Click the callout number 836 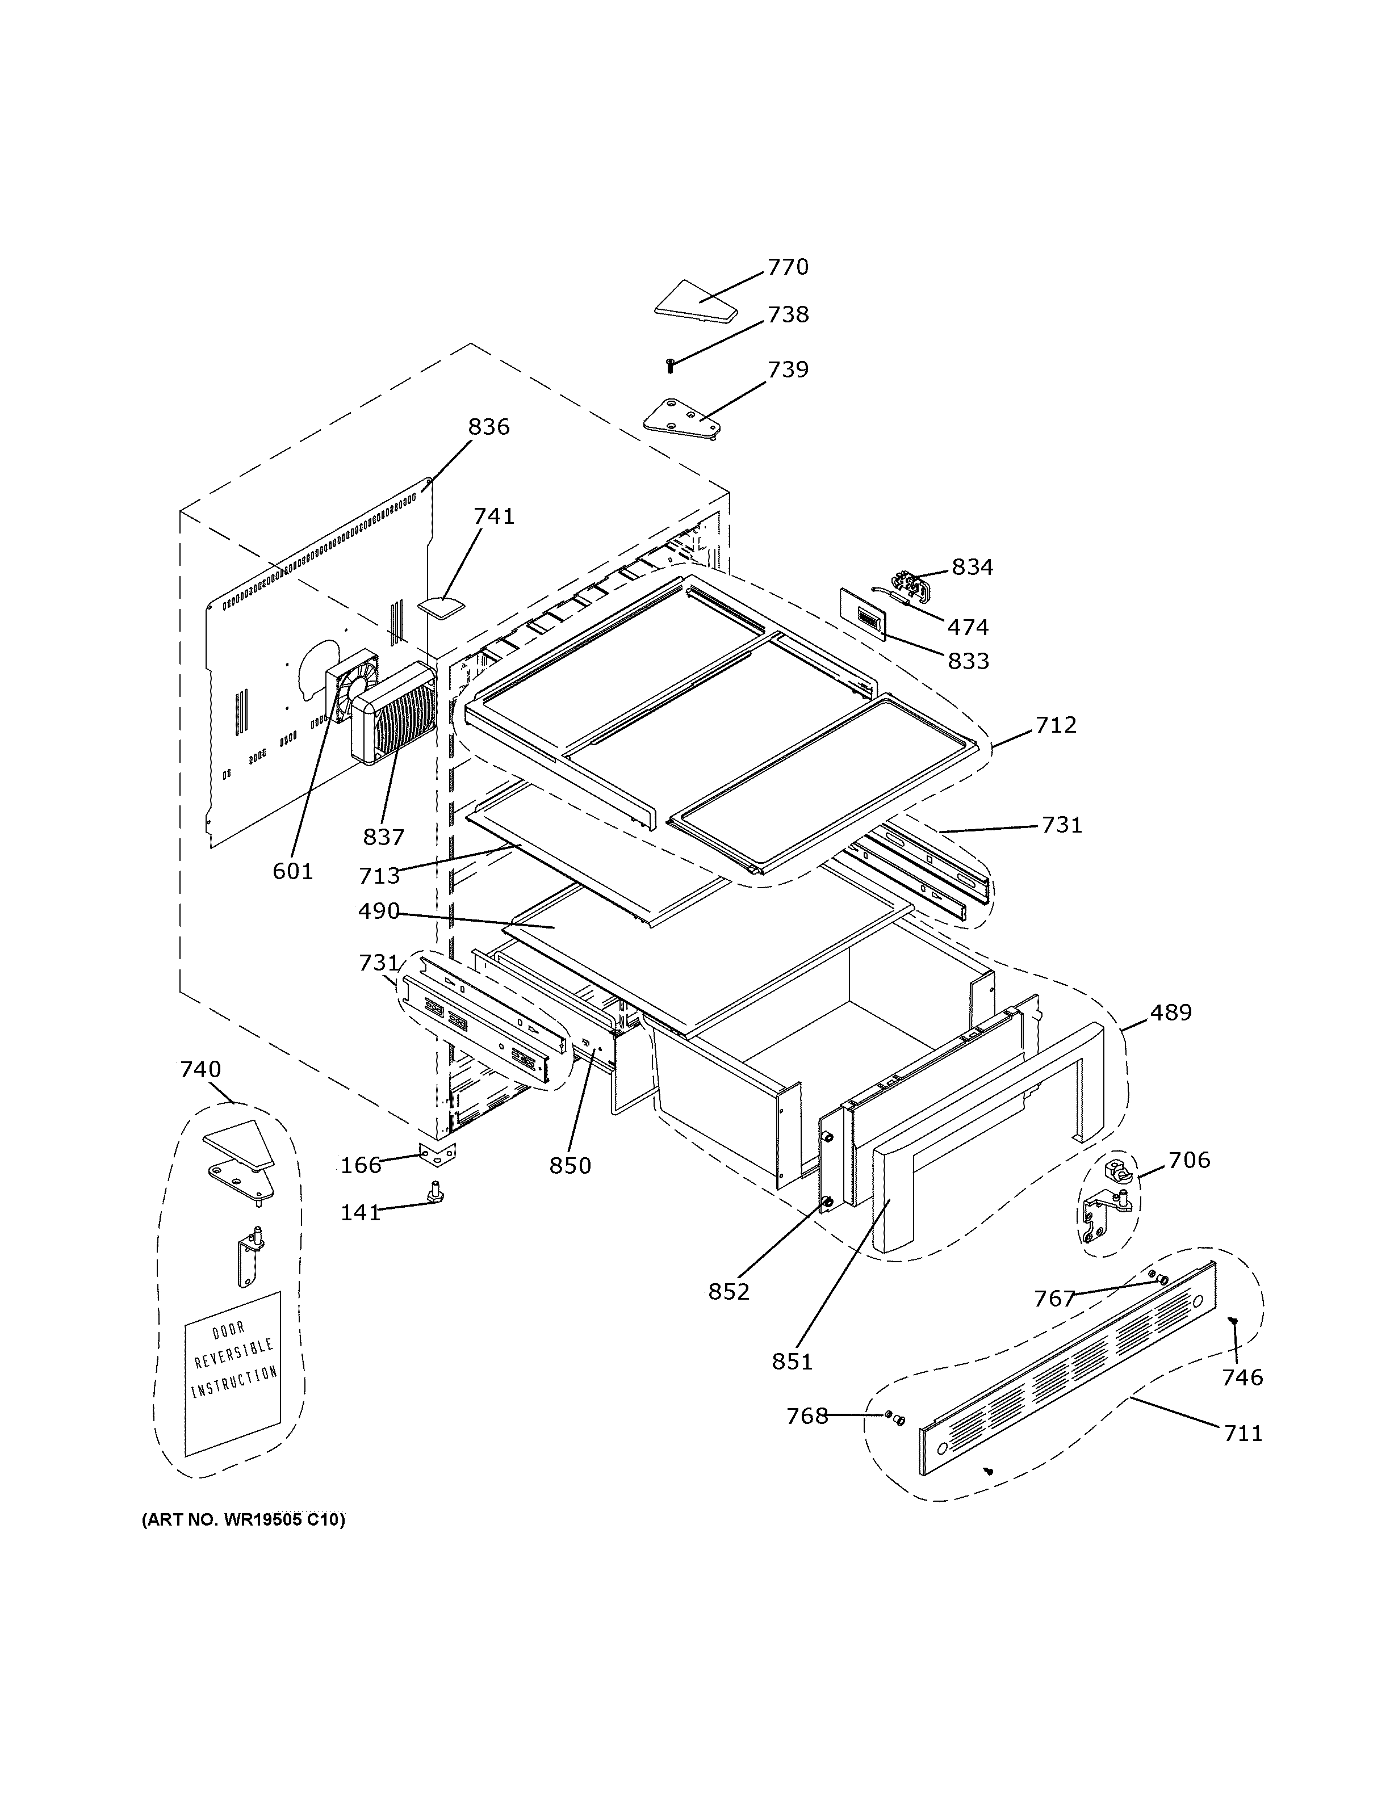(488, 427)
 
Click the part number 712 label (1056, 725)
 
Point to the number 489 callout (1170, 1013)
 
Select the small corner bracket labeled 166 (437, 1155)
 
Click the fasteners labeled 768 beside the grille (894, 1417)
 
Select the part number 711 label (1242, 1433)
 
